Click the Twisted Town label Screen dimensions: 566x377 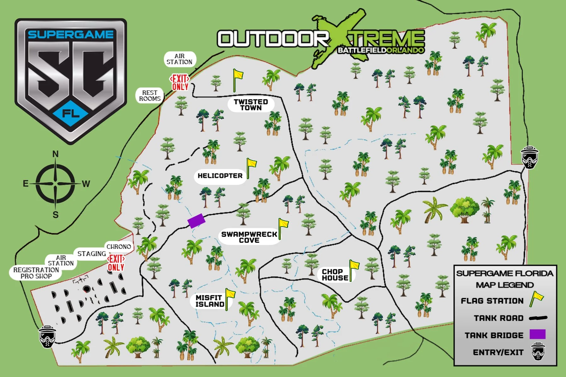click(x=251, y=105)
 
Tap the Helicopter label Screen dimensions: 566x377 click(x=220, y=176)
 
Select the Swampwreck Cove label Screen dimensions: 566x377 click(x=249, y=237)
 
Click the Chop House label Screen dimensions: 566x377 click(x=335, y=275)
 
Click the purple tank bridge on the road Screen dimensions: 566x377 click(x=196, y=221)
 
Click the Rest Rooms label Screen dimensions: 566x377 click(x=150, y=96)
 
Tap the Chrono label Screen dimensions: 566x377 click(x=119, y=247)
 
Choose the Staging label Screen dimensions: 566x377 click(x=92, y=254)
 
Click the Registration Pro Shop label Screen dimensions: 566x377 click(x=36, y=273)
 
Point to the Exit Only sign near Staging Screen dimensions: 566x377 click(x=116, y=263)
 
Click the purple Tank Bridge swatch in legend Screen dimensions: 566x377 click(x=537, y=334)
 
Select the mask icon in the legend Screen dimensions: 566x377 click(x=538, y=352)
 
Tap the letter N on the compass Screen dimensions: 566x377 click(x=55, y=154)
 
